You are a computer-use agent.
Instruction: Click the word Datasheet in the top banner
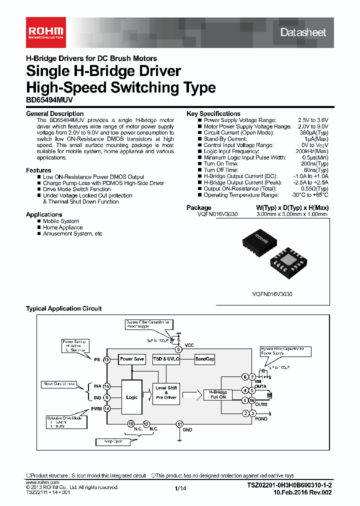302,32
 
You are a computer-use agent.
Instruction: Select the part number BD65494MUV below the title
47,99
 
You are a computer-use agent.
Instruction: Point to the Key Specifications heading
213,113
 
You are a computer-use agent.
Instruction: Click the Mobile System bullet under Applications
60,221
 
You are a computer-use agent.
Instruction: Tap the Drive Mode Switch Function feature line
76,189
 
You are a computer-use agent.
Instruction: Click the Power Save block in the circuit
132,359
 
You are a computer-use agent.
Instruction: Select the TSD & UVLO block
166,359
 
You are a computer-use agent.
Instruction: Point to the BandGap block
204,359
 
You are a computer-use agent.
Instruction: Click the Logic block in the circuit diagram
132,397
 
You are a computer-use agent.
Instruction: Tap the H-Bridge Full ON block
218,394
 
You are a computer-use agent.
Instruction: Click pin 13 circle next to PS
106,359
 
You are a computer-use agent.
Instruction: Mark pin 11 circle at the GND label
179,424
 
